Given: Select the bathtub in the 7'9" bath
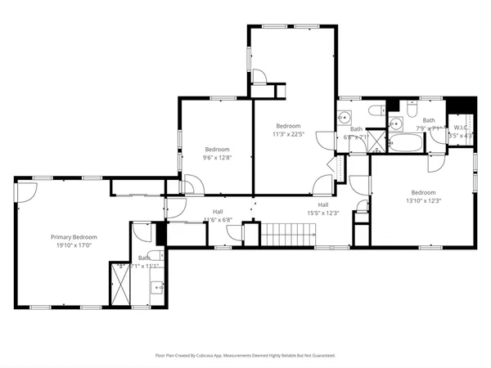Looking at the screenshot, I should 406,145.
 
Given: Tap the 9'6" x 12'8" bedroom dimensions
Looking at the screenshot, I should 217,157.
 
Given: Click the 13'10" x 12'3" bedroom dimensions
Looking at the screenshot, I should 423,200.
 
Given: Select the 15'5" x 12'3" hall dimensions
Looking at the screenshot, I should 323,213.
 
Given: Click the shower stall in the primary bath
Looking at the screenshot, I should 120,282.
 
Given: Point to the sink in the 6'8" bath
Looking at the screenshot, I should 345,117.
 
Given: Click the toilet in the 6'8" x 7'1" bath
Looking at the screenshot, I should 377,110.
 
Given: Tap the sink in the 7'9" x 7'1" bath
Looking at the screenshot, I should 396,124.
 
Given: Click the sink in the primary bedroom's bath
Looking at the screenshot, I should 156,287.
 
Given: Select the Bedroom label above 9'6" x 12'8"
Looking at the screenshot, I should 217,149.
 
